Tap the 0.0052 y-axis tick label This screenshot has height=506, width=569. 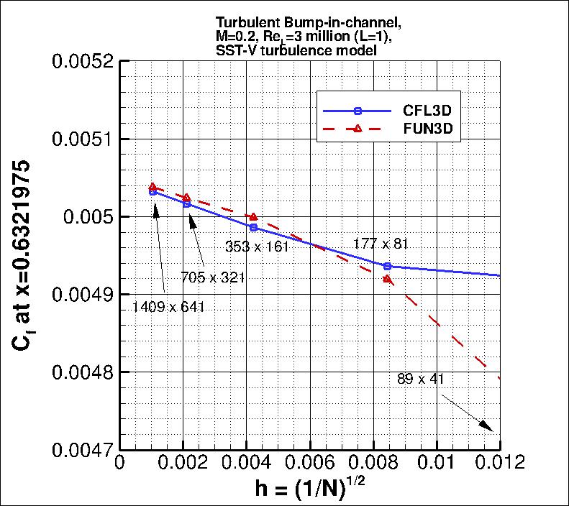pos(81,61)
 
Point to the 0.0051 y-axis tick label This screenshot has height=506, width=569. pos(81,139)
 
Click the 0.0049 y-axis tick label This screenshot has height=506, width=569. pos(81,295)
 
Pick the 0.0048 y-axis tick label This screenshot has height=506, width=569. pos(81,372)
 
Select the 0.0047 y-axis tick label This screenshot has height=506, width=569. pos(81,451)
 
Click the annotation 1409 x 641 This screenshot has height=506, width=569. pos(169,307)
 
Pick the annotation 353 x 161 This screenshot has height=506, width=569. pos(258,247)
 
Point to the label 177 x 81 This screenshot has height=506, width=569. pos(381,244)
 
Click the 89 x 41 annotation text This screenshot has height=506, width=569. pos(420,379)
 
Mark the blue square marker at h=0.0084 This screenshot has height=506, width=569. pos(387,267)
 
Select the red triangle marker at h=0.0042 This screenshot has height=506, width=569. pos(253,216)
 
